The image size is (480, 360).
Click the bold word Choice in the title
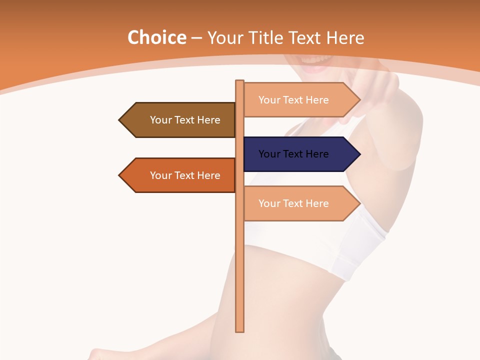156,38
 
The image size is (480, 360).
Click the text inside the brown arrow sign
185,120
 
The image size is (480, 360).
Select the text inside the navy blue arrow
293,154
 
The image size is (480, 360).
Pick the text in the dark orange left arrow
185,175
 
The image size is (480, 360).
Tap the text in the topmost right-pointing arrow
293,100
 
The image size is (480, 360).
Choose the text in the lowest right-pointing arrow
293,203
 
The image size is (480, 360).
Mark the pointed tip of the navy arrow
359,154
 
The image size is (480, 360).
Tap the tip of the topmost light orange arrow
359,100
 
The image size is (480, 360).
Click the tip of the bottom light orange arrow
359,203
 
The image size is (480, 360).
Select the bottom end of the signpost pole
240,330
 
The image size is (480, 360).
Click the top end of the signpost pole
240,81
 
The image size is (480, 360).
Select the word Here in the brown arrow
209,120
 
